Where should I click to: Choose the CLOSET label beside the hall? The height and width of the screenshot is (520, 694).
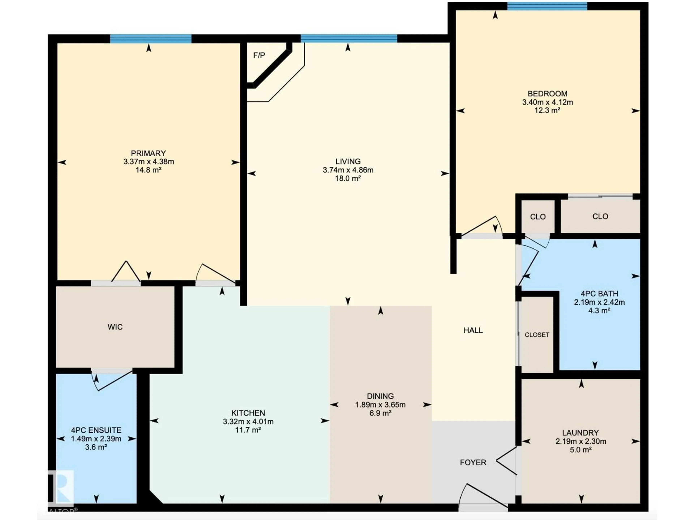pyautogui.click(x=537, y=335)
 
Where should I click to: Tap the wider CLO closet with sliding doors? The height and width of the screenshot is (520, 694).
pyautogui.click(x=600, y=216)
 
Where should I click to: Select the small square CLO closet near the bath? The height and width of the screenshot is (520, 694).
pyautogui.click(x=538, y=217)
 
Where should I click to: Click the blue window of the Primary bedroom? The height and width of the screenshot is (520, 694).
pyautogui.click(x=151, y=39)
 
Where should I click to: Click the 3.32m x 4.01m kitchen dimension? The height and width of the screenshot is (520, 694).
pyautogui.click(x=248, y=422)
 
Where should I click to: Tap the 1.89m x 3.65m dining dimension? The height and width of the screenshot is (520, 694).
pyautogui.click(x=380, y=405)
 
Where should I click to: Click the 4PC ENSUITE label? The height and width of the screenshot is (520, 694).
pyautogui.click(x=96, y=430)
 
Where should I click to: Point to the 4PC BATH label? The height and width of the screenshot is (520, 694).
pyautogui.click(x=599, y=294)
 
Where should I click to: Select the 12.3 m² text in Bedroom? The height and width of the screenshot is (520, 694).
pyautogui.click(x=547, y=110)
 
